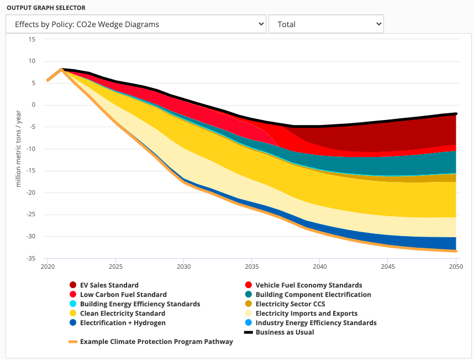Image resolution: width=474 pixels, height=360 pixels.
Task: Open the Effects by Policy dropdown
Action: pyautogui.click(x=136, y=24)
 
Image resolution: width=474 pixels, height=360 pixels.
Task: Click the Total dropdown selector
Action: pyautogui.click(x=326, y=24)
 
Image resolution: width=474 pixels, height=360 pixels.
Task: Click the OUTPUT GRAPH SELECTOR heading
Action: pyautogui.click(x=46, y=8)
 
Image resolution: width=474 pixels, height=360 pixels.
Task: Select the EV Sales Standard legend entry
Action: pyautogui.click(x=109, y=285)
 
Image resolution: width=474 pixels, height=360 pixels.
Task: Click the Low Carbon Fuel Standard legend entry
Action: pyautogui.click(x=123, y=295)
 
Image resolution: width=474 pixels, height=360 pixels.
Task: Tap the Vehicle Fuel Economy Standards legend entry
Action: pyautogui.click(x=308, y=285)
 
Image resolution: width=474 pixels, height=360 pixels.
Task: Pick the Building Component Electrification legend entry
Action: pyautogui.click(x=313, y=295)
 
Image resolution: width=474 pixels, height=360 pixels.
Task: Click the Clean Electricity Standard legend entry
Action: pyautogui.click(x=122, y=314)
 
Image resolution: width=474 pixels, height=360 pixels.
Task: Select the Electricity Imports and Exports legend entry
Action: pyautogui.click(x=306, y=314)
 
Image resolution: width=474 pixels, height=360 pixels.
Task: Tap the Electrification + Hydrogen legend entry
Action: pyautogui.click(x=122, y=323)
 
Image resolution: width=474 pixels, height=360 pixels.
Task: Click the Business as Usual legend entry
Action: pyautogui.click(x=285, y=332)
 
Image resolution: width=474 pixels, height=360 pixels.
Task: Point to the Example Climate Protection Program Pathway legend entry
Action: pyautogui.click(x=156, y=342)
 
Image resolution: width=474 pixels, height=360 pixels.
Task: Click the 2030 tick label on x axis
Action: pyautogui.click(x=183, y=267)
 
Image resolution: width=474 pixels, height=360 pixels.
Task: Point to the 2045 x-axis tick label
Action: pyautogui.click(x=388, y=267)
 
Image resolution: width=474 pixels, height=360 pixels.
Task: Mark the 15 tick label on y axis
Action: pyautogui.click(x=31, y=39)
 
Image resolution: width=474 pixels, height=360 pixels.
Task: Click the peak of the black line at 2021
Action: pyautogui.click(x=61, y=69)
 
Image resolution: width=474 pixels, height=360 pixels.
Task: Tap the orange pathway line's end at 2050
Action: pyautogui.click(x=456, y=251)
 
